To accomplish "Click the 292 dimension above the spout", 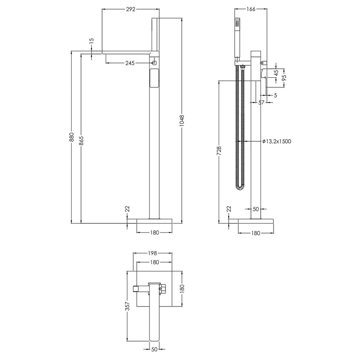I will click(131, 9).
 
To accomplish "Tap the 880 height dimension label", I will click(71, 139).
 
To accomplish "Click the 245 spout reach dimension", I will click(130, 63).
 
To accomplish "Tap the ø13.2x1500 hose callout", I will click(277, 141).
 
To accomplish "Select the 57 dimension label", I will click(261, 103).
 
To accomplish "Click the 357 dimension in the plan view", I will click(127, 306).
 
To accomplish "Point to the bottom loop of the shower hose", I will click(240, 187).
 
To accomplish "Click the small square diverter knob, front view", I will click(154, 63).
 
